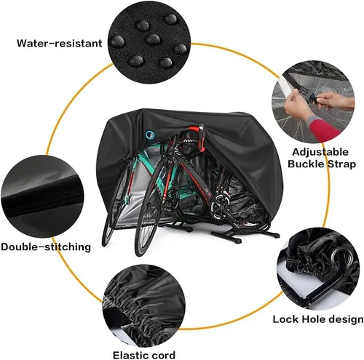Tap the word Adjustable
pos(320,152)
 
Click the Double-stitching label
pos(46,247)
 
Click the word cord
pos(164,355)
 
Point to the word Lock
pos(287,319)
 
